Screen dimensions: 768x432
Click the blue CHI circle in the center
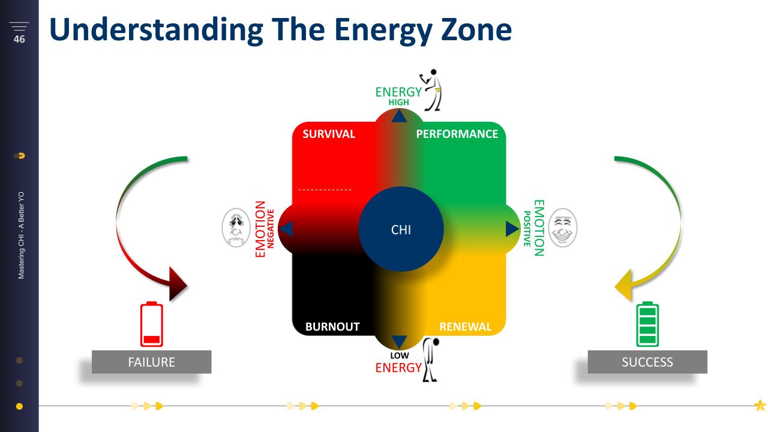[x=401, y=229]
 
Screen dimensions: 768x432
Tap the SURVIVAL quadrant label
[x=328, y=134]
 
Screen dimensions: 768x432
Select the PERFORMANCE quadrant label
[x=457, y=134]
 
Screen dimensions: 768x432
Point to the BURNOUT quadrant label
[x=332, y=326]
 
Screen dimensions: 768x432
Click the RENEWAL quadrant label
[x=465, y=326]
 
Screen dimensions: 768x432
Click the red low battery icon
[x=152, y=324]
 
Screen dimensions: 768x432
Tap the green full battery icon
[x=647, y=324]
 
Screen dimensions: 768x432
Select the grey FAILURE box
[x=152, y=362]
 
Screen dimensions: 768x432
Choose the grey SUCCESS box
[x=647, y=362]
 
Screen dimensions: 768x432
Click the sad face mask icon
[x=236, y=227]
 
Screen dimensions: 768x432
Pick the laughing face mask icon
[x=563, y=227]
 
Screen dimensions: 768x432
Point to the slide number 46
[x=19, y=39]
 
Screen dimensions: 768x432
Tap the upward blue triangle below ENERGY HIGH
[x=399, y=116]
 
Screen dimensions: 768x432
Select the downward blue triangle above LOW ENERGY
[x=399, y=342]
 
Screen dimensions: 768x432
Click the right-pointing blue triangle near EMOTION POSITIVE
[x=512, y=229]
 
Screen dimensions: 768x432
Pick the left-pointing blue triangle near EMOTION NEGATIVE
[x=286, y=229]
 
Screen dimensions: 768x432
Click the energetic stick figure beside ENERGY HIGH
[x=431, y=90]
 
